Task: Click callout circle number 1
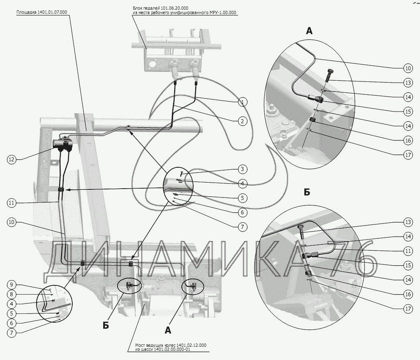242,102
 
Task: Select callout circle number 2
242,120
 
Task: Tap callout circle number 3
242,169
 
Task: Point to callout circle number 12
11,159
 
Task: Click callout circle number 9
11,285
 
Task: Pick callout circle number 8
11,294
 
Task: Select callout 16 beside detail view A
408,140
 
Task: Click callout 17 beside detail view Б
408,309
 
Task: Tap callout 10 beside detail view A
408,68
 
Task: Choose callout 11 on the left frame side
11,203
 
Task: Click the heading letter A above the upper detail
309,31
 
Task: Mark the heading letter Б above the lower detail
307,192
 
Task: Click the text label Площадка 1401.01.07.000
42,12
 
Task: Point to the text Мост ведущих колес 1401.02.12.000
171,345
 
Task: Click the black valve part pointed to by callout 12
63,144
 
